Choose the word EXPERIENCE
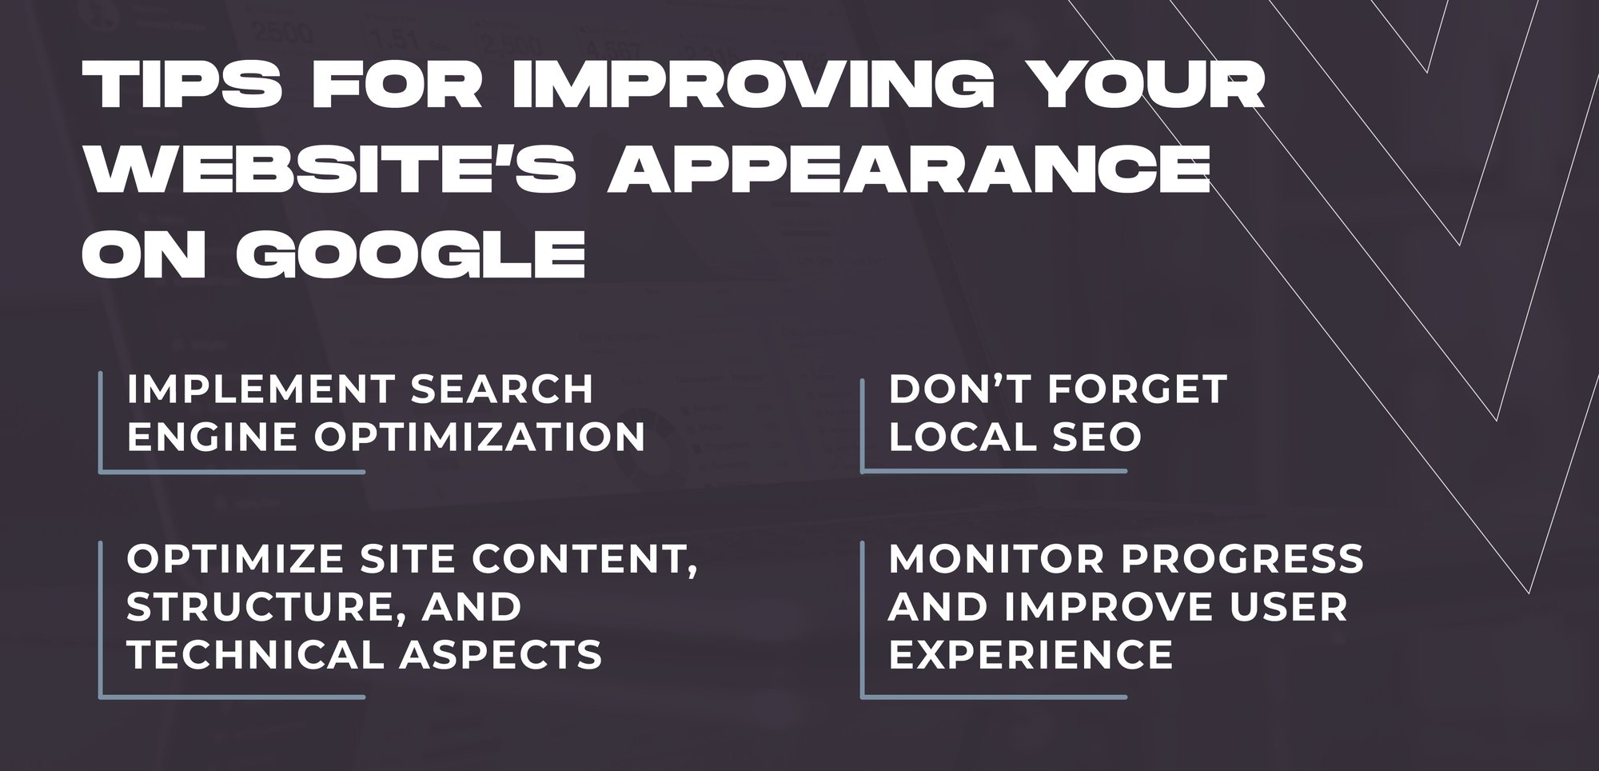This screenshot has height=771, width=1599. pyautogui.click(x=1031, y=654)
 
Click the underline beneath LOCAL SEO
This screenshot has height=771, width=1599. pyautogui.click(x=995, y=471)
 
